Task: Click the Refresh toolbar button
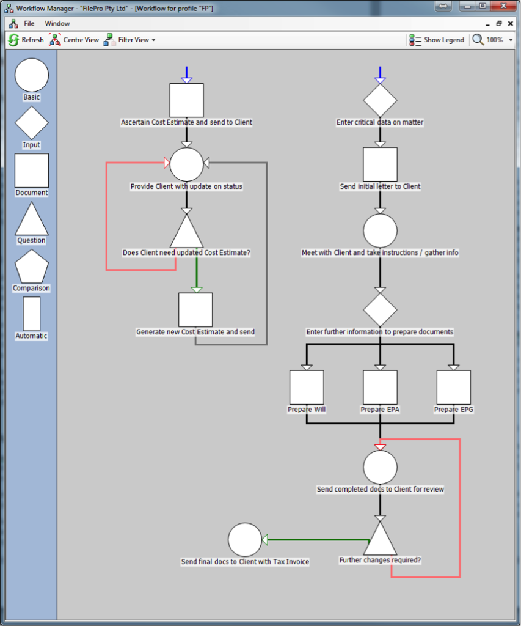[x=26, y=40]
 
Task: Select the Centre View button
[x=74, y=40]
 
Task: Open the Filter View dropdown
[x=129, y=40]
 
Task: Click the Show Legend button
[x=437, y=40]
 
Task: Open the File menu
[x=29, y=23]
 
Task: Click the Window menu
[x=57, y=23]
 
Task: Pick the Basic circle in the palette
[x=32, y=75]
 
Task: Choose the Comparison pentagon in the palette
[x=32, y=267]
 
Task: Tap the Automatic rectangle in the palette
[x=32, y=314]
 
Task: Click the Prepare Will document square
[x=307, y=387]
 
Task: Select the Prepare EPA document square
[x=380, y=387]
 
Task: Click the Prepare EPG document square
[x=453, y=387]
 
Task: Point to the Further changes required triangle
[x=380, y=539]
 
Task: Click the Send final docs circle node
[x=245, y=540]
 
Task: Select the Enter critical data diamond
[x=380, y=100]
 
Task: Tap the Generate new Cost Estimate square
[x=195, y=309]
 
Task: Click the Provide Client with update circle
[x=186, y=164]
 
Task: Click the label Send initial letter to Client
[x=380, y=186]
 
